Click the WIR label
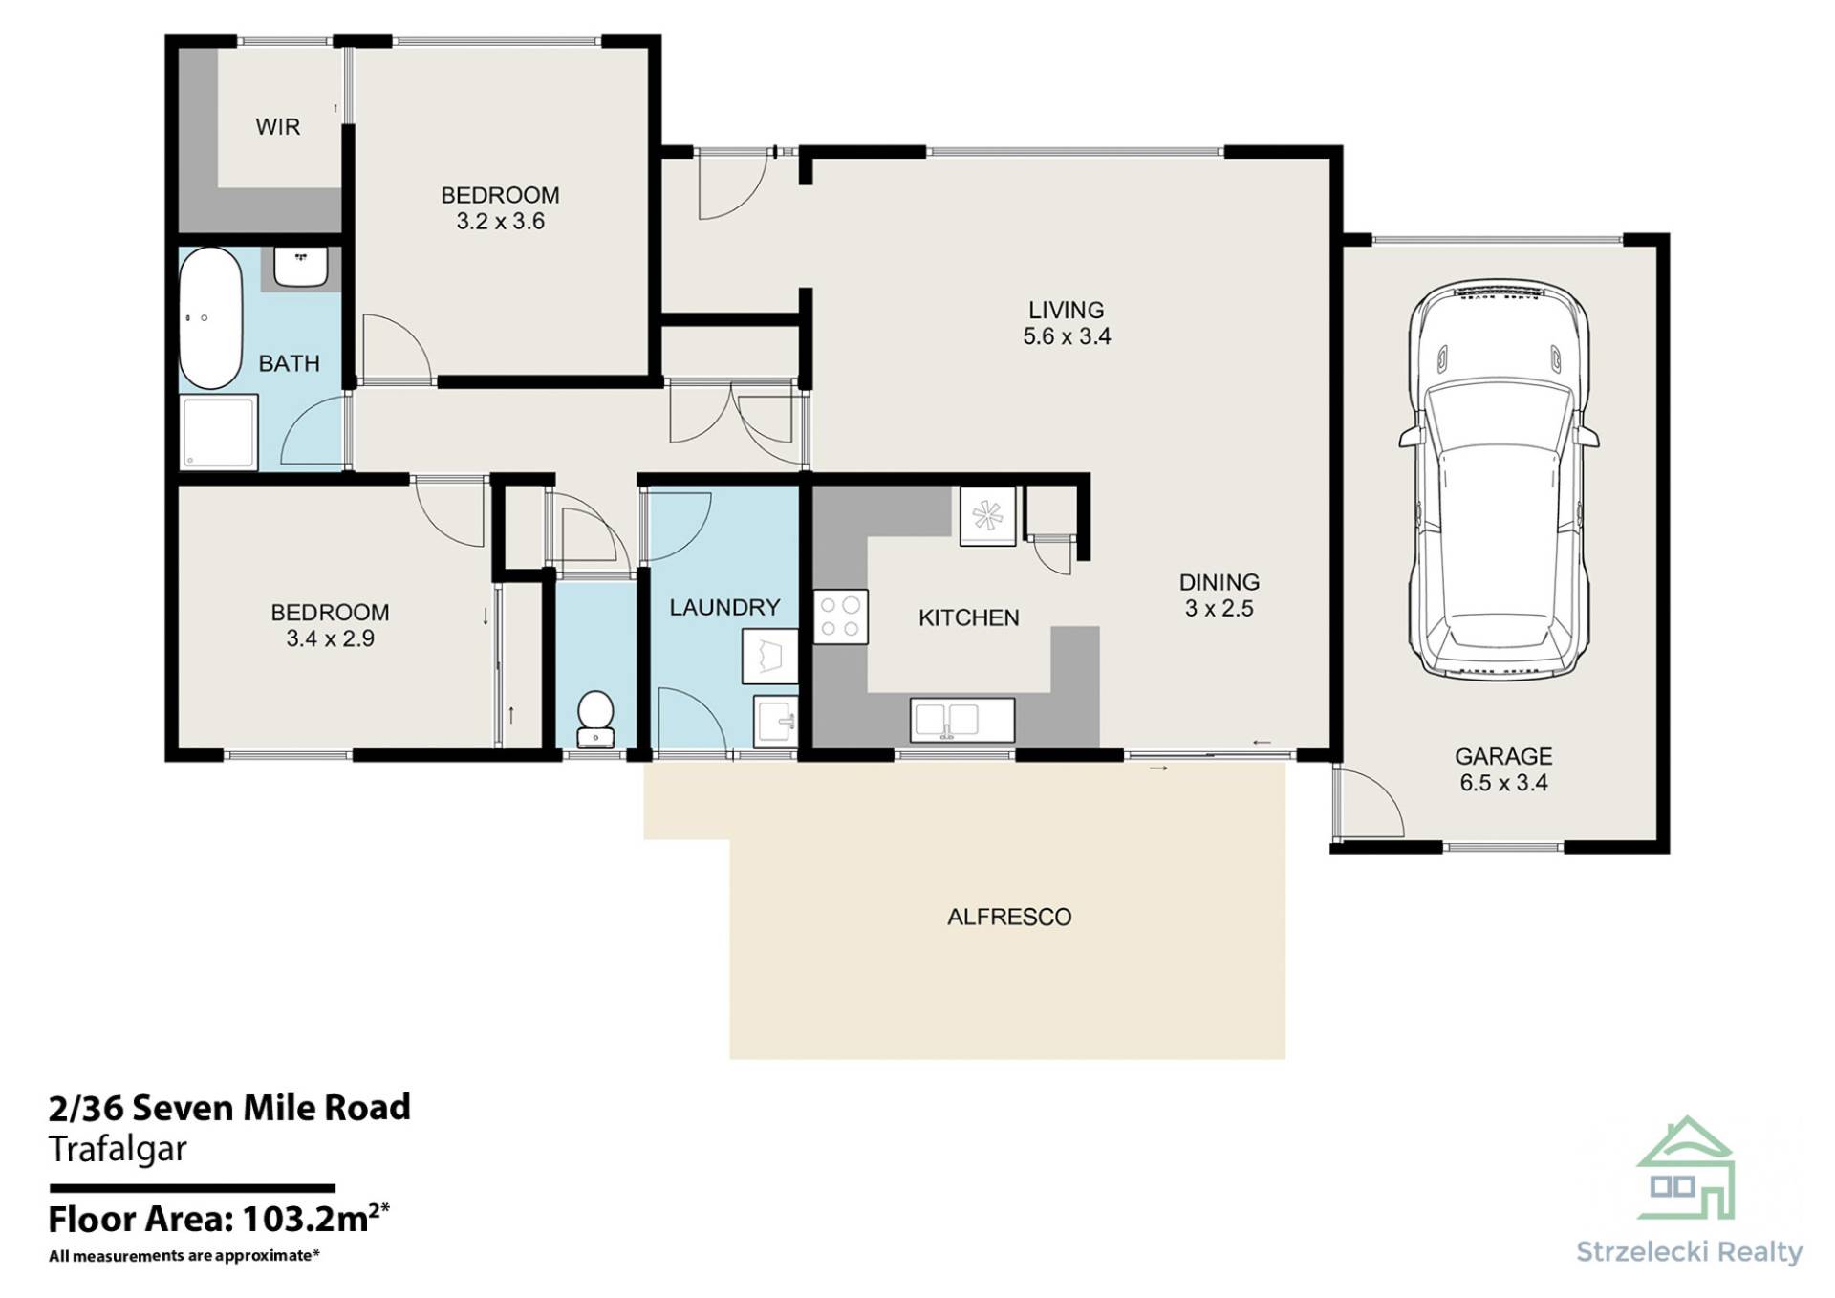tap(277, 126)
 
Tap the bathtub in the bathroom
tap(211, 318)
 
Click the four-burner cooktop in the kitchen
tap(840, 617)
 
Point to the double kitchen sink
tap(962, 720)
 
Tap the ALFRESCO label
tap(1009, 917)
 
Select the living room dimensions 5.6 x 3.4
tap(1067, 336)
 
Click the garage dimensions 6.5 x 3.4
tap(1503, 783)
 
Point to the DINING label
tap(1219, 582)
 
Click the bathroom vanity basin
tap(301, 267)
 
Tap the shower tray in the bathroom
tap(219, 432)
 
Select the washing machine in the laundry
tap(769, 656)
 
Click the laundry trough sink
tap(775, 722)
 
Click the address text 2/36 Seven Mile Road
tap(229, 1108)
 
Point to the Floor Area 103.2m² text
tap(219, 1220)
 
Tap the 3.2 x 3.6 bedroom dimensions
tap(500, 222)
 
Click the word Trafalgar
tap(118, 1150)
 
